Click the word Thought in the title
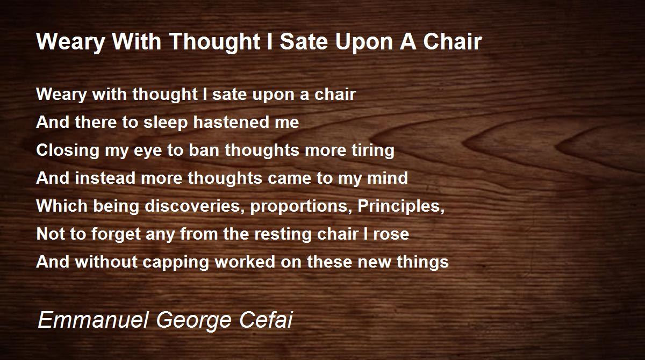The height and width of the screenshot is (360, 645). coord(216,42)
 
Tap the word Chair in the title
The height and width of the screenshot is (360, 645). coord(453,41)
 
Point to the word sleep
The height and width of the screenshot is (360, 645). coord(166,123)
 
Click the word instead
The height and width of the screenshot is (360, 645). coord(105,178)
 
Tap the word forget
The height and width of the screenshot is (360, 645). coord(116,234)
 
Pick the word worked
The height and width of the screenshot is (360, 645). coord(245,262)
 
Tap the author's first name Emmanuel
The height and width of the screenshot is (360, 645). coord(93,320)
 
